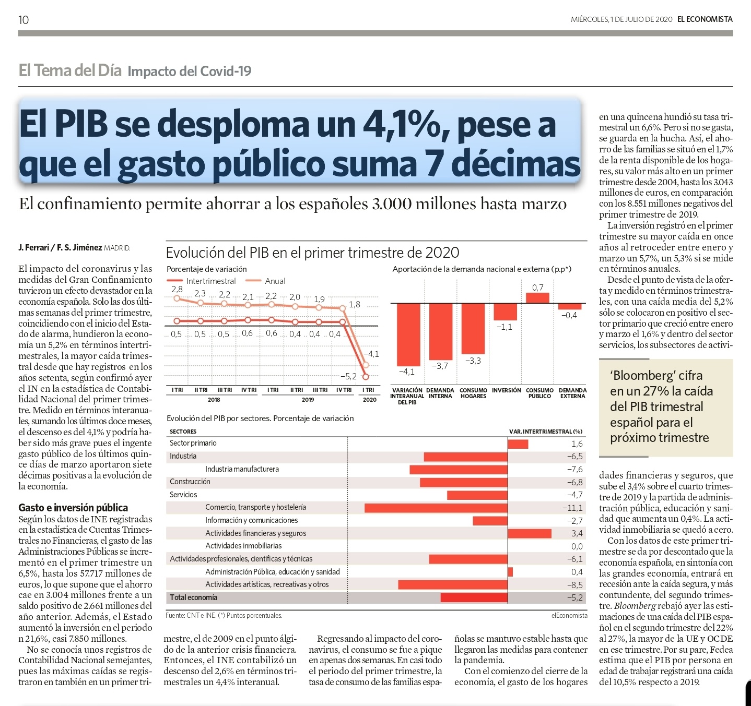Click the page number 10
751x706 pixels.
tap(24, 20)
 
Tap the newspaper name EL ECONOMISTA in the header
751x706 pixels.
tap(705, 19)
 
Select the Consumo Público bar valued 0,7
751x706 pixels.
tap(537, 297)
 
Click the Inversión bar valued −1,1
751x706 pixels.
tap(505, 312)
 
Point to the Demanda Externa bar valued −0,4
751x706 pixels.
tap(569, 306)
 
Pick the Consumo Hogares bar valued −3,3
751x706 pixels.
tap(473, 328)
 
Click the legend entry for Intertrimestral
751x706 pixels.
tap(210, 281)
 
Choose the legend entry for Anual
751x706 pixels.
tap(275, 281)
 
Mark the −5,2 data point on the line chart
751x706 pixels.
tap(366, 376)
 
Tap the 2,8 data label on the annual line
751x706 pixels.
tap(177, 289)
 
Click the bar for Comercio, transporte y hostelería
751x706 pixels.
tap(436, 508)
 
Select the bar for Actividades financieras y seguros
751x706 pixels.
tap(529, 533)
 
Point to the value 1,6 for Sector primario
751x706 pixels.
tap(577, 444)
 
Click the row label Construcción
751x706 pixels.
tap(190, 482)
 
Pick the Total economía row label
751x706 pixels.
tap(193, 597)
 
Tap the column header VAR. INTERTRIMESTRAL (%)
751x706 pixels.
tap(545, 432)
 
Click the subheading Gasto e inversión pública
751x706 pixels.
tap(73, 507)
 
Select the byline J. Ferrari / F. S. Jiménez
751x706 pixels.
tap(60, 247)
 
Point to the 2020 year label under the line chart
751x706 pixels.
tap(369, 400)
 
